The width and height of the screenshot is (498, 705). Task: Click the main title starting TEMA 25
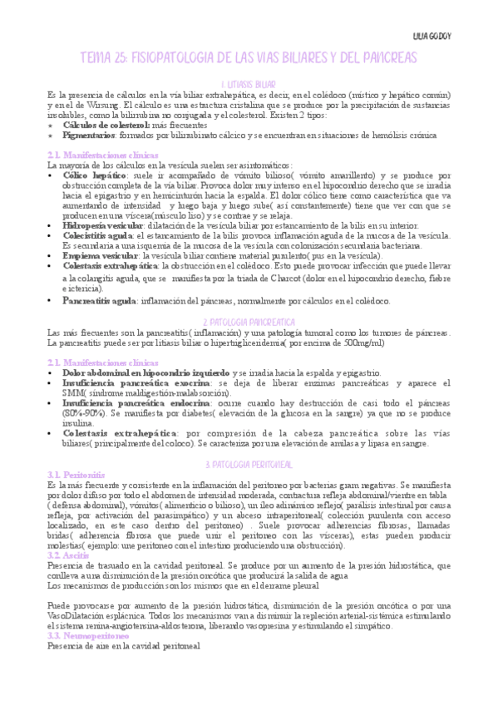249,59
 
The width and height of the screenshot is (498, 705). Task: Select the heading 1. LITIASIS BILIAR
249,85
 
